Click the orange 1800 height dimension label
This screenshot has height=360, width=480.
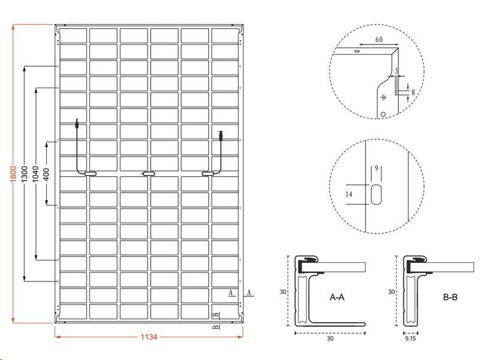click(13, 174)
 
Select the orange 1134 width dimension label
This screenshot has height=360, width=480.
click(149, 337)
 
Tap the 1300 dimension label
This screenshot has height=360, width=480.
click(25, 174)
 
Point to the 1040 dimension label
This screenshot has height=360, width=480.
click(36, 174)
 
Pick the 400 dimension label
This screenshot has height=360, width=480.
click(47, 174)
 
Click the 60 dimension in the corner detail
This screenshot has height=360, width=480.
click(379, 40)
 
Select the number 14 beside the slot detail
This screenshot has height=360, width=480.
click(349, 194)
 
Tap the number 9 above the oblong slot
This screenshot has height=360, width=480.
click(377, 168)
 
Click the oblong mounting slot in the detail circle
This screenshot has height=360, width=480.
click(376, 194)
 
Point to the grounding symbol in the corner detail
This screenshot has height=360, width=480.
click(383, 97)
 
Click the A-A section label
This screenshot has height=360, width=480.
click(337, 297)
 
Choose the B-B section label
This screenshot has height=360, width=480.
click(451, 297)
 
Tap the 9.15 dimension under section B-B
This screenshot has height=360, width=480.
click(410, 338)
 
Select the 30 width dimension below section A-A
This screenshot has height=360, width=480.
click(330, 338)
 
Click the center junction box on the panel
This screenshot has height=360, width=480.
click(149, 174)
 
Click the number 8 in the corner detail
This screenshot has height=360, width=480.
click(413, 92)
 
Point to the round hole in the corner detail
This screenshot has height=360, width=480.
click(383, 114)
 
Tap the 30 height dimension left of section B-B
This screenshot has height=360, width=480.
click(392, 292)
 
